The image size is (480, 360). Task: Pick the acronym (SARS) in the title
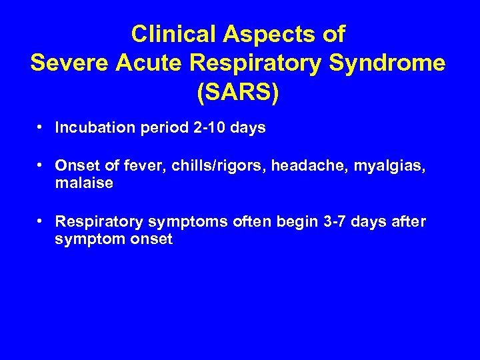(239, 93)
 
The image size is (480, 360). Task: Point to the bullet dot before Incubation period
(42, 127)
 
